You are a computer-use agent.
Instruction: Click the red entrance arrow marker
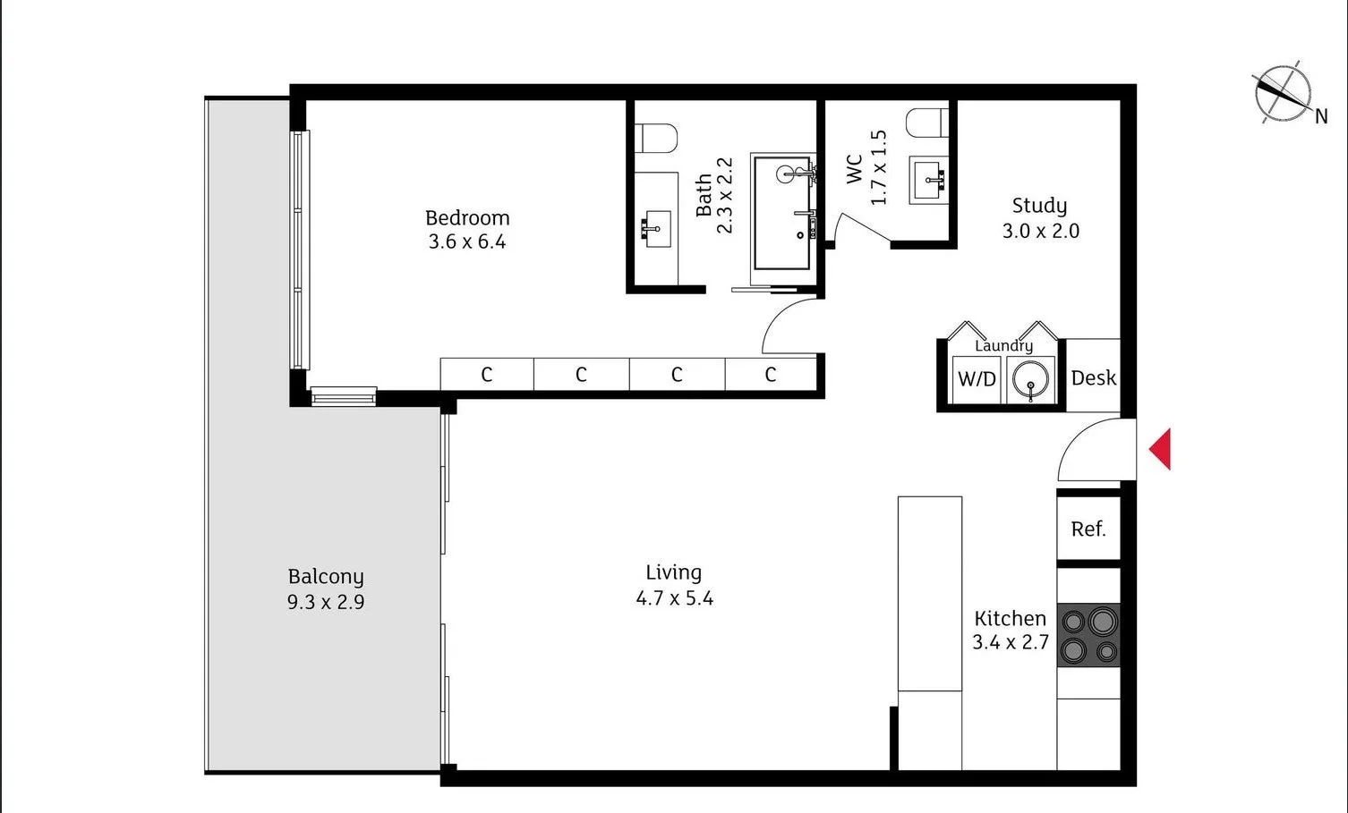tap(1161, 449)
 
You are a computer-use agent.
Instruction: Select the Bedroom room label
tap(467, 217)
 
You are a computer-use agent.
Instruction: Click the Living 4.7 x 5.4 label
tap(674, 585)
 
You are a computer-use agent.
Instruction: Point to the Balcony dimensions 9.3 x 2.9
tap(326, 602)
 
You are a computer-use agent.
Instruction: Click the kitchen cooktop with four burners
tap(1088, 635)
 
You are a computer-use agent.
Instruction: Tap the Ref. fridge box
tap(1088, 529)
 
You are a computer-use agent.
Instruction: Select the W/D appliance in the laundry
tap(977, 379)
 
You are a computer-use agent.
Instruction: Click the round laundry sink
tap(1031, 380)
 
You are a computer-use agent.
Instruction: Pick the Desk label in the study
tap(1093, 377)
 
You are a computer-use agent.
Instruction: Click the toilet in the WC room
tap(926, 123)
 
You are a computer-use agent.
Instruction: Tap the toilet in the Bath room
tap(655, 138)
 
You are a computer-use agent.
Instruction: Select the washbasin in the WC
tap(929, 179)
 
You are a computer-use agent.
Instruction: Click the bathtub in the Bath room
tap(782, 213)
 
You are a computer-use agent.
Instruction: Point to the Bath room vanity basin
tap(656, 229)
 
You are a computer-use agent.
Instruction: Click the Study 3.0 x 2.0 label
tap(1040, 218)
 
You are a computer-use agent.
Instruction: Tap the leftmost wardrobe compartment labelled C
tap(487, 374)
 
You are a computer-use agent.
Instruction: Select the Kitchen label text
tap(1010, 618)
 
